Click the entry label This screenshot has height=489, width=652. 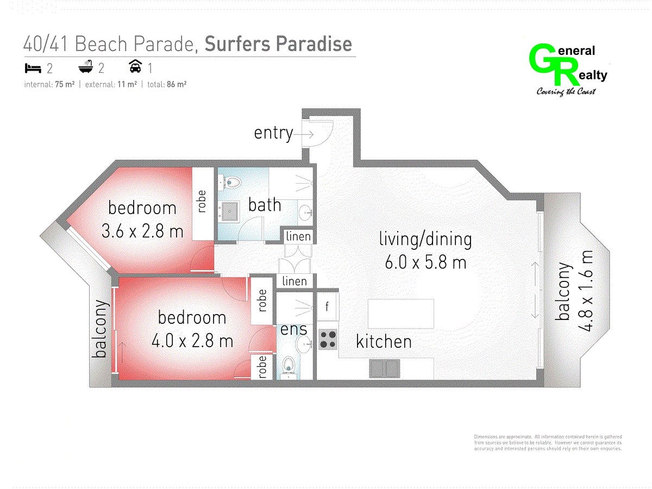(273, 133)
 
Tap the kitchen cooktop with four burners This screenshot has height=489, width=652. (328, 340)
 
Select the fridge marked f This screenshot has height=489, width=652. (328, 306)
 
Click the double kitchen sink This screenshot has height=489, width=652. (384, 369)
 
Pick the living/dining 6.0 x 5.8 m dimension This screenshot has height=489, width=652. (425, 262)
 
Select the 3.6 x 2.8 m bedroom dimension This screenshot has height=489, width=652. (142, 231)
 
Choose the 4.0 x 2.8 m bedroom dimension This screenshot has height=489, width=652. (192, 340)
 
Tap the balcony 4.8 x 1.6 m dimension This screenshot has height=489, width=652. (586, 291)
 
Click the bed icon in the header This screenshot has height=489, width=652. (33, 68)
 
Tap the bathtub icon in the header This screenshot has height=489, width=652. (86, 67)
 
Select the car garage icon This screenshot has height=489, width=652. (135, 66)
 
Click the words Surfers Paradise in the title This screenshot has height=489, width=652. (278, 43)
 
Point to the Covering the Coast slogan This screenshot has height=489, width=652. (566, 91)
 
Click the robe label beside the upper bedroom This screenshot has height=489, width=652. (202, 201)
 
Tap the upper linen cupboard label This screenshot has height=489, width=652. (298, 237)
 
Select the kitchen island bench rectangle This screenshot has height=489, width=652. (400, 314)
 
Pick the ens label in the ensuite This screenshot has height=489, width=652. (293, 330)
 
